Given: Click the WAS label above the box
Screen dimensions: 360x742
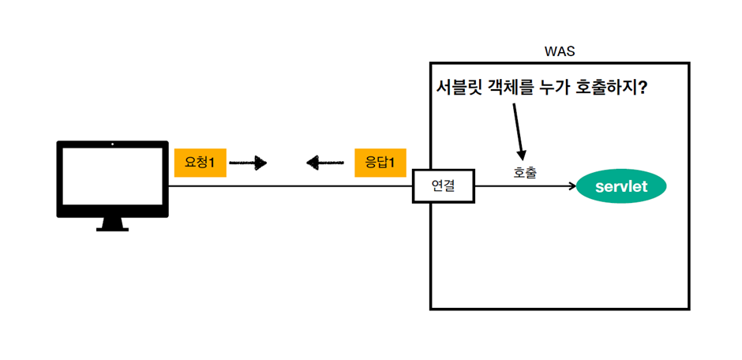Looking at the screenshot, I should pyautogui.click(x=560, y=51).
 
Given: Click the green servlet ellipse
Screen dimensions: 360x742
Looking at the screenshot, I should pyautogui.click(x=621, y=187).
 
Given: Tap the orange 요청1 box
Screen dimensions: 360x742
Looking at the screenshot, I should pyautogui.click(x=200, y=163).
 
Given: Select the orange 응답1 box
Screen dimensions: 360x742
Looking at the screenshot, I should pyautogui.click(x=380, y=163).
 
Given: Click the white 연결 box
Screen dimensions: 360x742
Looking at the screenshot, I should pyautogui.click(x=444, y=186).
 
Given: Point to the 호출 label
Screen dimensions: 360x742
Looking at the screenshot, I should pyautogui.click(x=525, y=171).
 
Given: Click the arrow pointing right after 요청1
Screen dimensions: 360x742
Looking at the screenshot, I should pyautogui.click(x=248, y=163).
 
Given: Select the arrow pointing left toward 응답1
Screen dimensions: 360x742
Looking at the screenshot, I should pyautogui.click(x=325, y=163).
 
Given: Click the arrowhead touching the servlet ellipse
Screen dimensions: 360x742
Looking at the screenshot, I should pyautogui.click(x=571, y=187).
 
